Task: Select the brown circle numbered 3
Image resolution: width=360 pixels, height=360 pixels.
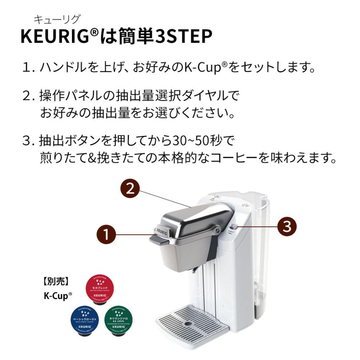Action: (287, 226)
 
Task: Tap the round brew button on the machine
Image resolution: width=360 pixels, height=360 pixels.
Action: (234, 227)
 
